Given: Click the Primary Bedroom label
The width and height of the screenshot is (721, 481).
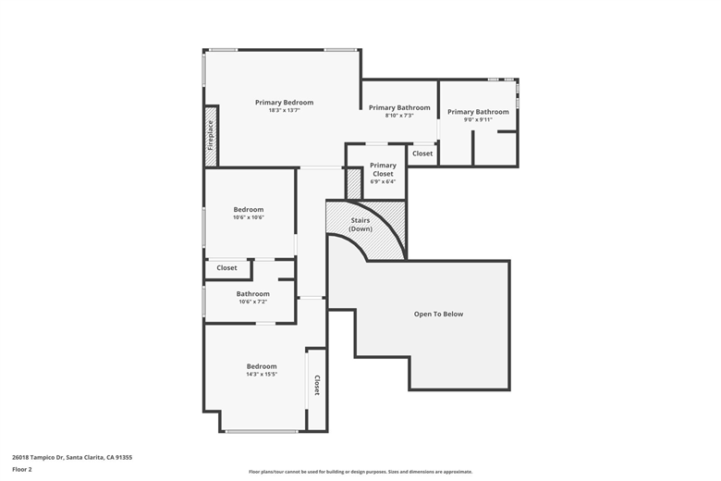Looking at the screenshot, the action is (284, 103).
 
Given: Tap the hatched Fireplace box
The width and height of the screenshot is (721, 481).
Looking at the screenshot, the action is (211, 136).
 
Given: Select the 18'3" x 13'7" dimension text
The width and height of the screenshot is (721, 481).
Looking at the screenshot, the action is (284, 110).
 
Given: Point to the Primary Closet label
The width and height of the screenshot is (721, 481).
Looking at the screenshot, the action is (383, 169).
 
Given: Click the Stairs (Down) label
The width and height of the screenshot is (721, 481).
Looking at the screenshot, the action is (360, 225).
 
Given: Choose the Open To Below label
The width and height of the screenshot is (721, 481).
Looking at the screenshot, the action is (439, 314).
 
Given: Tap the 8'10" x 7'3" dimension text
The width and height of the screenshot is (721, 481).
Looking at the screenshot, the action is (399, 116).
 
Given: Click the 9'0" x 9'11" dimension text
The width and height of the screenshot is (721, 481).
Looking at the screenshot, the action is (478, 119).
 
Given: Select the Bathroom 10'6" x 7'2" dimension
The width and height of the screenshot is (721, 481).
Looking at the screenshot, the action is (253, 302).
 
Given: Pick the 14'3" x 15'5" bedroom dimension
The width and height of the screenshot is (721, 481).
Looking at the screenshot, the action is (262, 375).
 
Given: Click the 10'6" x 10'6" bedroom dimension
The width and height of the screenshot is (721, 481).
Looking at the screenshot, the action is (249, 217).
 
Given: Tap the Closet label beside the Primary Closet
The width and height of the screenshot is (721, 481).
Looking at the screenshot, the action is (422, 154).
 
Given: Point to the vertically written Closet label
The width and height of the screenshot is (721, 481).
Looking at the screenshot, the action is (317, 385).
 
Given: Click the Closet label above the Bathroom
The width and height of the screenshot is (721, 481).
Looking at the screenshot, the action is (226, 268).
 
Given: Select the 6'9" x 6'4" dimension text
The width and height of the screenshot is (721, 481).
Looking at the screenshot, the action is (383, 181).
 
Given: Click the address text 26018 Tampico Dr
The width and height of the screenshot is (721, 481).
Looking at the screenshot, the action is (38, 458).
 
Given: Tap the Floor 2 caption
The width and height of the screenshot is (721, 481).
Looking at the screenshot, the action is (22, 470).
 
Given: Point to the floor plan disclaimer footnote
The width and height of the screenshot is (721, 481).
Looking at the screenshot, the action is (360, 472).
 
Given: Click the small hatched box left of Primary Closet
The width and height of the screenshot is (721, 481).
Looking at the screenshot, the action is (354, 183).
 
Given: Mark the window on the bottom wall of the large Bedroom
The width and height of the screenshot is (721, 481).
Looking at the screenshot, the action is (262, 431).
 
